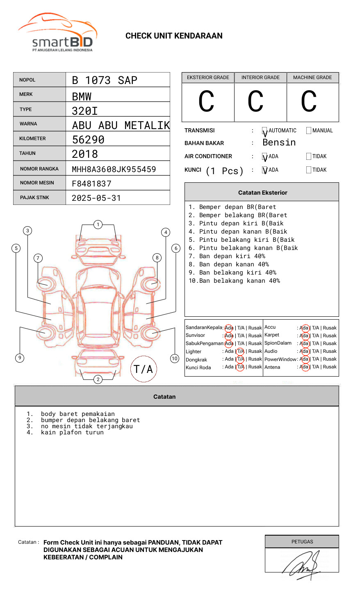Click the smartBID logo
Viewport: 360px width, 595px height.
point(58,32)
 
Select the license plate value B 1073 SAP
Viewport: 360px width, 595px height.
point(105,80)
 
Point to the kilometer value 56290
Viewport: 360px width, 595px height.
point(88,139)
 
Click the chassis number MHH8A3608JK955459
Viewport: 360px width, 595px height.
point(114,169)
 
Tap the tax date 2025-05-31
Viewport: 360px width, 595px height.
point(96,198)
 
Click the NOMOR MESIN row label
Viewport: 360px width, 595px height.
point(37,183)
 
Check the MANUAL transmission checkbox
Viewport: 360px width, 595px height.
point(309,130)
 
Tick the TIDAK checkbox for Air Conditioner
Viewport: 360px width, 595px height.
point(309,156)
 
